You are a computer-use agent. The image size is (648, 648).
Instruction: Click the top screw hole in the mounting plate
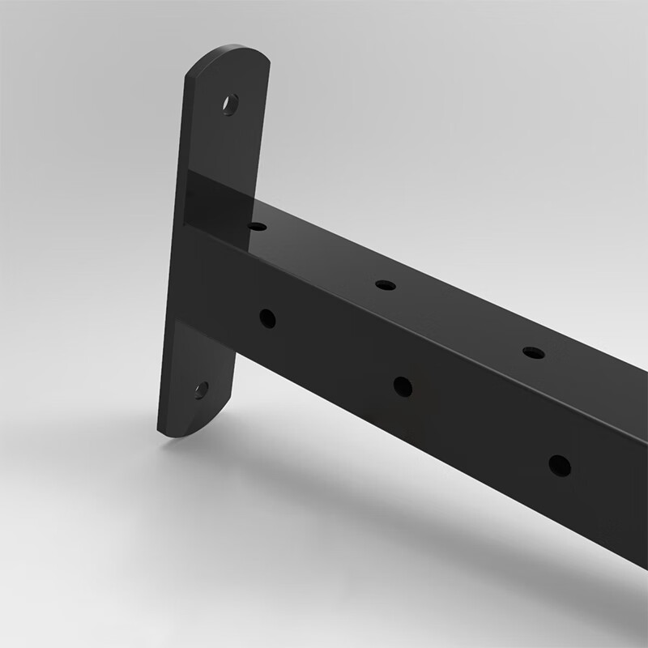point(231,104)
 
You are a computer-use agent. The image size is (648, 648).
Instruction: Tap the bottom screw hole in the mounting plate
point(201,390)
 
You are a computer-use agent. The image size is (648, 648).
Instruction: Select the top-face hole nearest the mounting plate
point(258,226)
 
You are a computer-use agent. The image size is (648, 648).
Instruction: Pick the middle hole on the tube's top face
point(386,285)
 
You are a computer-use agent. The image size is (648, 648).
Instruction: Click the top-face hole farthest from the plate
point(533,352)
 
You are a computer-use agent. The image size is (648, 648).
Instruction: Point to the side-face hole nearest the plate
point(267,318)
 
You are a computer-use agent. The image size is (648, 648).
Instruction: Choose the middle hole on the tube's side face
point(403,386)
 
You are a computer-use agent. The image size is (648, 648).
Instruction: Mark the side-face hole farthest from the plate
point(559,466)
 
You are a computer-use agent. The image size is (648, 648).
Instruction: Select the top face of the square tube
point(454,300)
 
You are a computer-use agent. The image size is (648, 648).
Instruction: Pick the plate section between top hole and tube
point(227,146)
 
